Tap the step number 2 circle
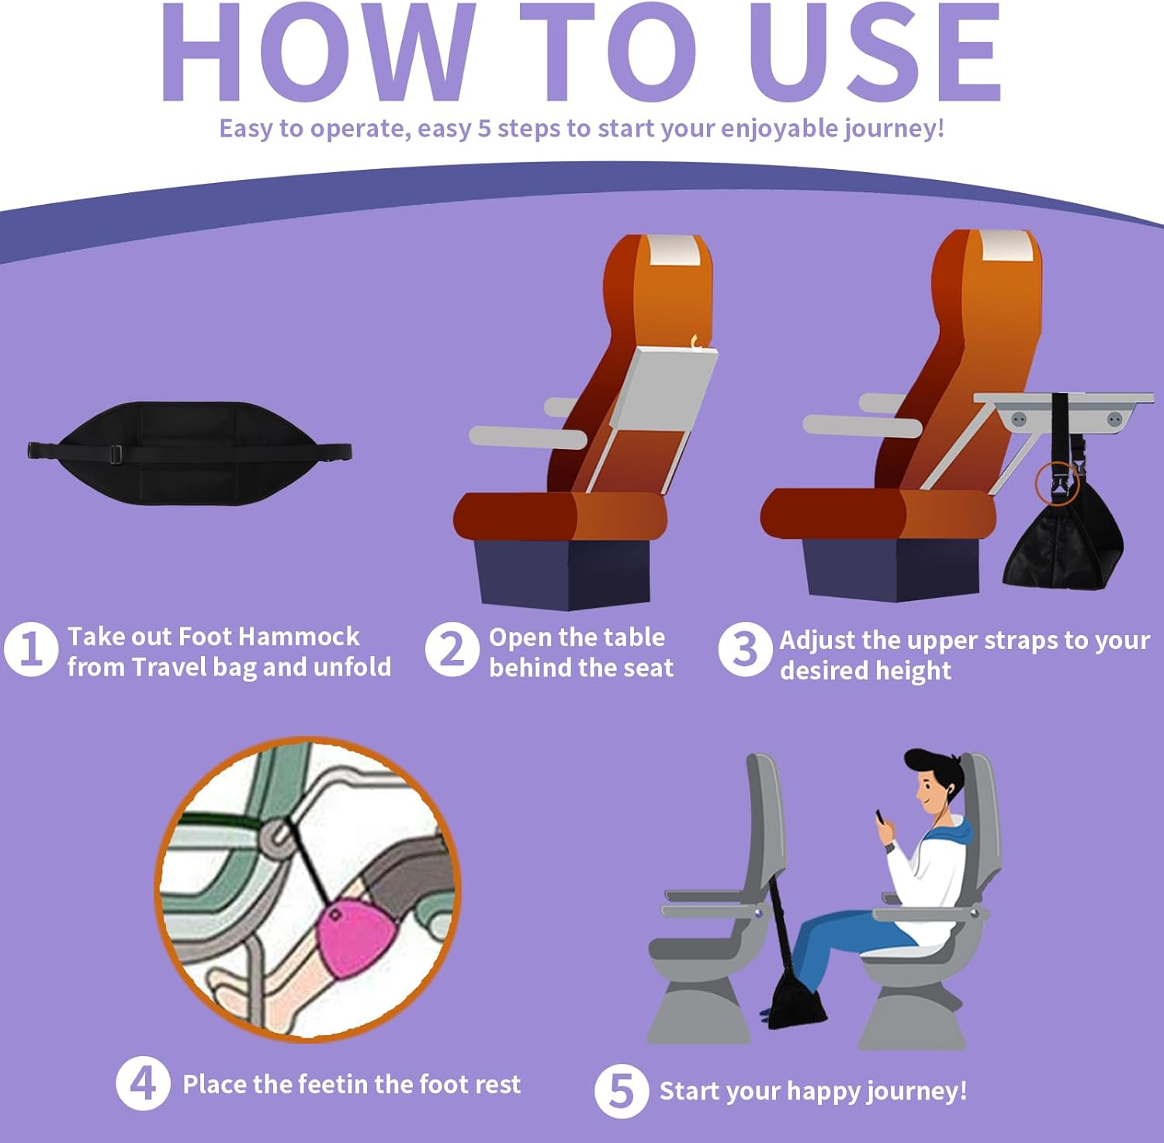pos(452,649)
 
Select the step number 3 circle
pos(744,650)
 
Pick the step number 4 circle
pos(143,1083)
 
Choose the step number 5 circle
pos(621,1090)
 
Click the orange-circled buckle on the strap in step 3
pos(1058,482)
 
